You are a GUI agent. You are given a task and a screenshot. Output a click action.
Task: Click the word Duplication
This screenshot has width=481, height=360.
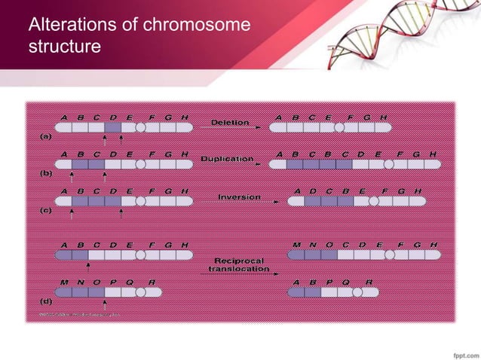[x=226, y=159]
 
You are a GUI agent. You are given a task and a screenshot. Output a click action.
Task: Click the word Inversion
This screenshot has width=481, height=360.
[x=239, y=197]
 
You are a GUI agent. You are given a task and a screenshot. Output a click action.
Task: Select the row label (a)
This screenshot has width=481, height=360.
[x=45, y=137]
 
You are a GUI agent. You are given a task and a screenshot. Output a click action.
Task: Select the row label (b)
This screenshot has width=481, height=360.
[x=45, y=173]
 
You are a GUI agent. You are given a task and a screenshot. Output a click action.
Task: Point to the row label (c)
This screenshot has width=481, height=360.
[x=45, y=211]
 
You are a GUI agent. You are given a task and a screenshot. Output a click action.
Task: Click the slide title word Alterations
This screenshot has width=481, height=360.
[x=69, y=26]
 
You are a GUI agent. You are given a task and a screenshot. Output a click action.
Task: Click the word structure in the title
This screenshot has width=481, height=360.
[x=64, y=47]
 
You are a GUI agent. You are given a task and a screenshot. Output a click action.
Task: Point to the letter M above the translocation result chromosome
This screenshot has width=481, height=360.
[x=296, y=245]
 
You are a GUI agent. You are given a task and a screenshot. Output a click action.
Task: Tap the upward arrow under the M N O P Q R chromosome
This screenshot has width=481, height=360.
[x=105, y=301]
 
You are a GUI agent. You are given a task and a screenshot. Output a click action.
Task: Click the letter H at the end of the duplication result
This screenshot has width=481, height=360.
[x=432, y=154]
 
